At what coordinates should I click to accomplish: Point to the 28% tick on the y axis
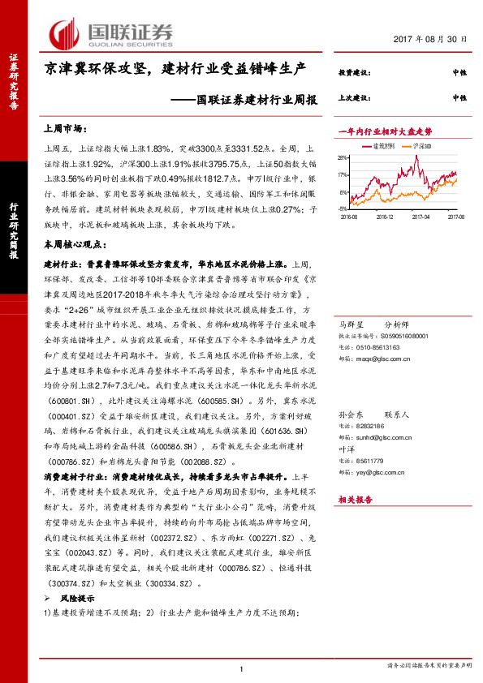point(344,158)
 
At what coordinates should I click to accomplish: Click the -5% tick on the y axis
point(344,209)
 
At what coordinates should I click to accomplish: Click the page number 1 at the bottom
point(242,668)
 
